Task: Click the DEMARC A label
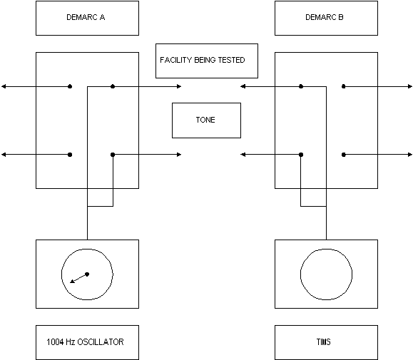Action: (x=86, y=17)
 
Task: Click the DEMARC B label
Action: (x=325, y=17)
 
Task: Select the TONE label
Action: (x=205, y=120)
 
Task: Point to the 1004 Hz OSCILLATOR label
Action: (x=85, y=342)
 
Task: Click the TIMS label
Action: (x=323, y=342)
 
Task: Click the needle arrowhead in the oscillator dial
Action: (x=72, y=282)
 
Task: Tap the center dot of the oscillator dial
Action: (x=87, y=274)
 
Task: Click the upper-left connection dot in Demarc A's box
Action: (x=70, y=86)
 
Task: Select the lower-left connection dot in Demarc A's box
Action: (x=70, y=155)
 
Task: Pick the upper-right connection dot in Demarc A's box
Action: (x=113, y=86)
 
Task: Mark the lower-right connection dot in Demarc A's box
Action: (x=113, y=155)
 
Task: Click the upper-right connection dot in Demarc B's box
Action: (x=344, y=86)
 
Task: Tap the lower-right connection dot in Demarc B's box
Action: (x=344, y=155)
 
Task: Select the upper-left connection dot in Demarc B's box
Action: (x=301, y=86)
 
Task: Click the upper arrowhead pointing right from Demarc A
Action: (x=179, y=86)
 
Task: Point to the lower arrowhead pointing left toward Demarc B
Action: (x=243, y=155)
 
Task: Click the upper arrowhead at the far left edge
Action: (x=4, y=86)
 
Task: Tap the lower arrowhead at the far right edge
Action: (x=410, y=155)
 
